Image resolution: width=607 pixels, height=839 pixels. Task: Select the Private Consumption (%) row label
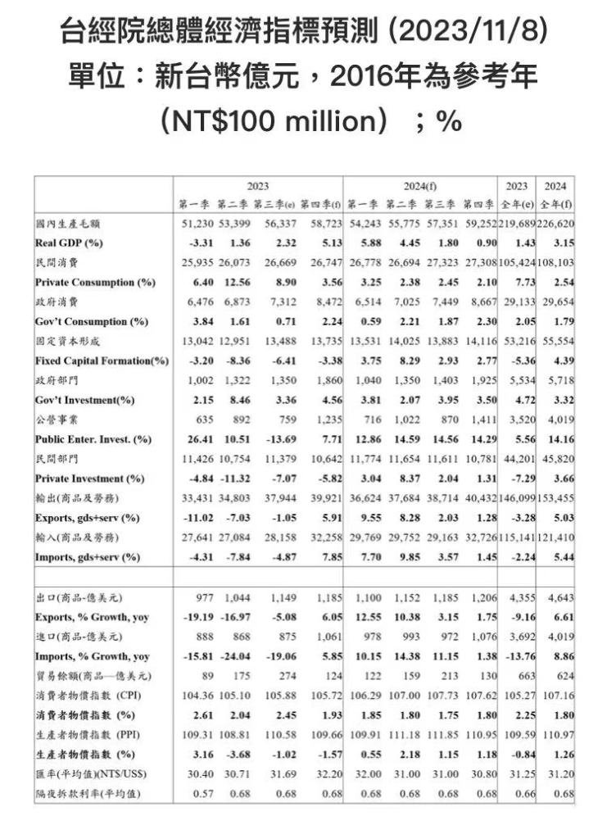point(96,282)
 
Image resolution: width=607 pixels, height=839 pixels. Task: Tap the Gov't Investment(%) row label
point(84,400)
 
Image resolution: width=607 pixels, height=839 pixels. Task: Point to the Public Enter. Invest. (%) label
point(93,439)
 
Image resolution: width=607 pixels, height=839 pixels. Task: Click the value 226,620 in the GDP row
point(555,223)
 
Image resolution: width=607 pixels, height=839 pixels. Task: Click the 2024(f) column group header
point(419,186)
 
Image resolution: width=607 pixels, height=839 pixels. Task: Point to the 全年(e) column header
point(517,203)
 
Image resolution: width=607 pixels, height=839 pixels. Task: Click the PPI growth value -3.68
point(235,755)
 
